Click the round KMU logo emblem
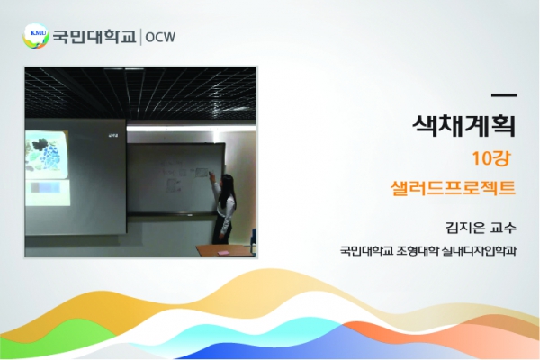click(35, 35)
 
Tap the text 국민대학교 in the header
click(94, 37)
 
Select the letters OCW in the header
click(160, 37)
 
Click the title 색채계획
click(464, 125)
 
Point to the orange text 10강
click(491, 158)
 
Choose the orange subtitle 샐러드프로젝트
click(454, 188)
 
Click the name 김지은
click(465, 228)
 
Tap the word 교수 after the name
click(505, 228)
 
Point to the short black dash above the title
click(505, 95)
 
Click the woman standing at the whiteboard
click(224, 209)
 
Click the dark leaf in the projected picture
click(40, 144)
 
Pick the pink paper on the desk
click(223, 253)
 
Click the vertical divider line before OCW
click(140, 37)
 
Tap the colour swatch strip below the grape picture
click(46, 188)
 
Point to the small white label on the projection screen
click(113, 135)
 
